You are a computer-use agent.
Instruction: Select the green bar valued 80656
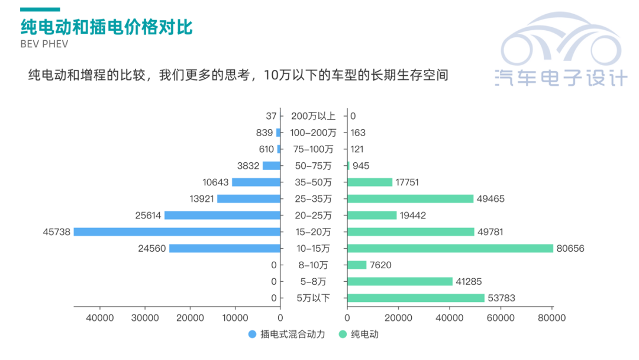click(450, 249)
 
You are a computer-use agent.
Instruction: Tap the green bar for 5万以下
click(415, 298)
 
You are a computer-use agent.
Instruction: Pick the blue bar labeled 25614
click(222, 216)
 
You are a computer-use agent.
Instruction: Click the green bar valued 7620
click(357, 265)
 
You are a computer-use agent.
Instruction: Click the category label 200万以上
click(313, 116)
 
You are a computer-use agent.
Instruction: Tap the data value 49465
click(490, 199)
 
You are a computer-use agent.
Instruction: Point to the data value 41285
click(470, 282)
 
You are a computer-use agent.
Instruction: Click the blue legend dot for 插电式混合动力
click(252, 335)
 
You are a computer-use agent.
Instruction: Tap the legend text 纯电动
click(364, 335)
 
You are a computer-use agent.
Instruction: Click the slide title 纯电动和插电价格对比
click(106, 27)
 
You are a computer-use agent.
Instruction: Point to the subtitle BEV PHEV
click(44, 44)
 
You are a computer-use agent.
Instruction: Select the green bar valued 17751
click(370, 182)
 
